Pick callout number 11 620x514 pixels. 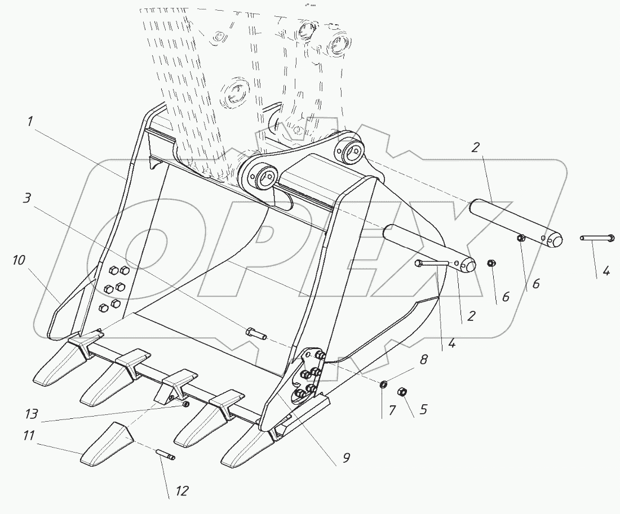point(30,435)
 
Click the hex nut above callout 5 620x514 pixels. point(403,392)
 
